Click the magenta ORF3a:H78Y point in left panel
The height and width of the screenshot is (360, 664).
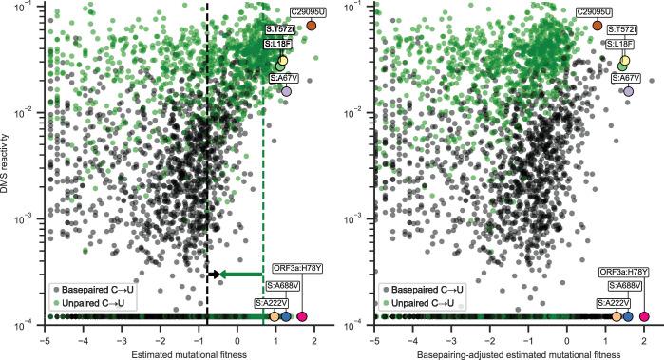(302, 316)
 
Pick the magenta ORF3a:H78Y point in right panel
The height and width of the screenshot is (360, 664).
(644, 316)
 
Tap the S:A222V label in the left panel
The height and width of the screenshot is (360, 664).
(273, 302)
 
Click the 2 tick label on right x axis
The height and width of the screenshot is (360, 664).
(644, 337)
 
